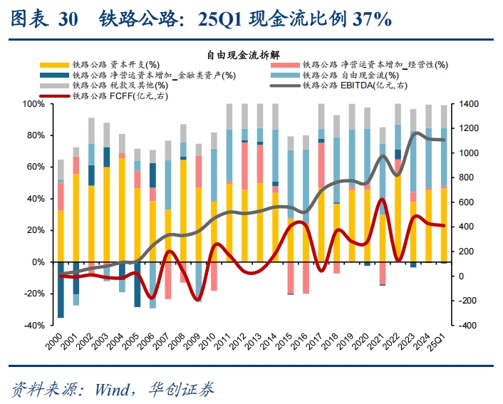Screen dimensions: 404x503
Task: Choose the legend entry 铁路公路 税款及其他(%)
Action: coord(110,86)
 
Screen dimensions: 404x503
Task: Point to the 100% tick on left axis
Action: coord(35,104)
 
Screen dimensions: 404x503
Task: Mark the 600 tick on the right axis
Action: coord(467,202)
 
